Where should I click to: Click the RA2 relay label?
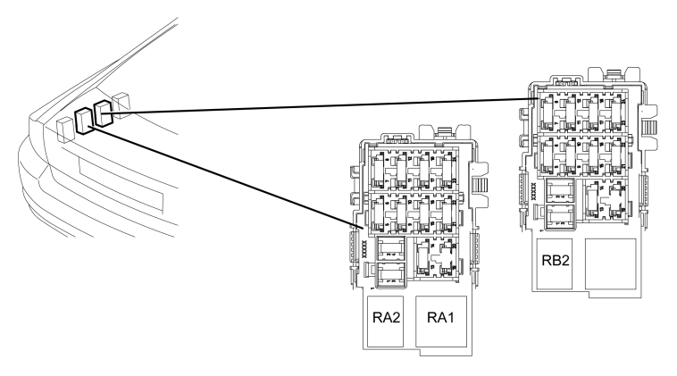click(387, 318)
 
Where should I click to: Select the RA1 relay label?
click(441, 318)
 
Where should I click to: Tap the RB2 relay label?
click(556, 260)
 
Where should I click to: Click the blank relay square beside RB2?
click(611, 263)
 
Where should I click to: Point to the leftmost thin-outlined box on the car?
click(65, 130)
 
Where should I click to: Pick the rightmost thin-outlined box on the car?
click(121, 103)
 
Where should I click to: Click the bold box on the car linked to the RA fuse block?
click(84, 121)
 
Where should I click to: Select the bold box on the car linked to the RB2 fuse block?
click(104, 113)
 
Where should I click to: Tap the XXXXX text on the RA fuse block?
click(364, 249)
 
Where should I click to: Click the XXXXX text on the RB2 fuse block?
click(533, 191)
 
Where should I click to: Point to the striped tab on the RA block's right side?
click(481, 186)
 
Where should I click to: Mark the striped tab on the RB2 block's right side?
click(650, 128)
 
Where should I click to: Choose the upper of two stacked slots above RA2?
click(391, 249)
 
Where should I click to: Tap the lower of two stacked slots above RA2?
click(391, 274)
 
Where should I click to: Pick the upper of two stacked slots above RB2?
click(560, 191)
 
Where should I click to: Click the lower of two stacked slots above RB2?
click(560, 216)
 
